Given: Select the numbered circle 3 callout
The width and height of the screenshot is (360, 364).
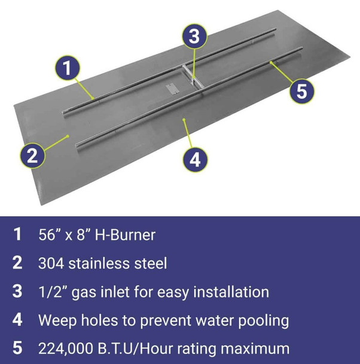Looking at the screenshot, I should (193, 37).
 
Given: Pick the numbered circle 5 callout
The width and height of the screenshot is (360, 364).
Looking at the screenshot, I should (302, 92).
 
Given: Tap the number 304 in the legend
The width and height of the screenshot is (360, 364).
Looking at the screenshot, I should (51, 263).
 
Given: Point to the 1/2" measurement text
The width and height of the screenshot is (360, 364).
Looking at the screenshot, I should (53, 292).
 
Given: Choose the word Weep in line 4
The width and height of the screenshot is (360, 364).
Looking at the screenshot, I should (55, 320).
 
